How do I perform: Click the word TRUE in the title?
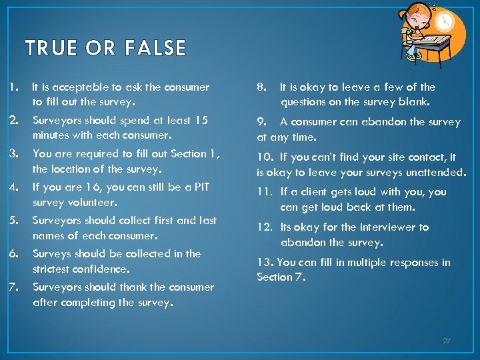49,48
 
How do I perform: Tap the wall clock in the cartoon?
444,22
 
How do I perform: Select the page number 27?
447,341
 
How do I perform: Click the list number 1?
13,87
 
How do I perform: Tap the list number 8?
262,87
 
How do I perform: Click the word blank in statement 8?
415,103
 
